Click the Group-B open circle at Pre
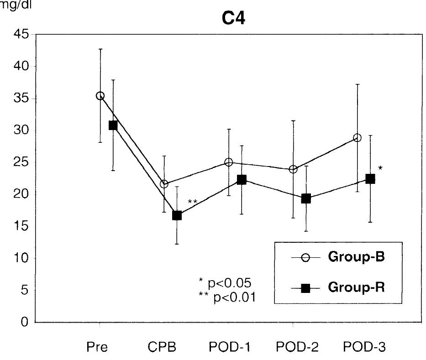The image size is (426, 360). [100, 96]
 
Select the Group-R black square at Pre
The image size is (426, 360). [113, 125]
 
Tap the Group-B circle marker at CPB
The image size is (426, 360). [164, 184]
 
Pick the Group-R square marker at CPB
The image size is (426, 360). [177, 215]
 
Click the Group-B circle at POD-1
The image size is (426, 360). [229, 162]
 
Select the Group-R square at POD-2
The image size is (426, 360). [306, 198]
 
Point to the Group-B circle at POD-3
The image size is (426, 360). [357, 138]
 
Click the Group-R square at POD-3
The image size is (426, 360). [370, 179]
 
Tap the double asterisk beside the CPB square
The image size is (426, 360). [192, 202]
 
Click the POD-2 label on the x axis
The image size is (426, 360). [293, 348]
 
